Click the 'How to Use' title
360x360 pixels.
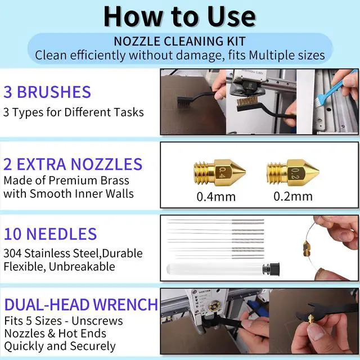[179, 17]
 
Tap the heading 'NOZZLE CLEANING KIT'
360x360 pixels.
[180, 41]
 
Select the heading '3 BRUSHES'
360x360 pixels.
[47, 92]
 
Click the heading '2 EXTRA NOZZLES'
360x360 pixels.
[73, 164]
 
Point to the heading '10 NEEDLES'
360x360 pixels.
[50, 234]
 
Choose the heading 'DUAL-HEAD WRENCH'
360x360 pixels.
[81, 305]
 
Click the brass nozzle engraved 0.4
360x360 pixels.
[220, 172]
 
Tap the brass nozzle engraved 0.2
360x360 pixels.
[293, 173]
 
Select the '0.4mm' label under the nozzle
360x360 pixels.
[216, 197]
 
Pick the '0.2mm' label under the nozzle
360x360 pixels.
[293, 196]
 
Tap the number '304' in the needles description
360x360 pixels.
[12, 254]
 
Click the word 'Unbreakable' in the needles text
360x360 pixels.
[82, 267]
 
